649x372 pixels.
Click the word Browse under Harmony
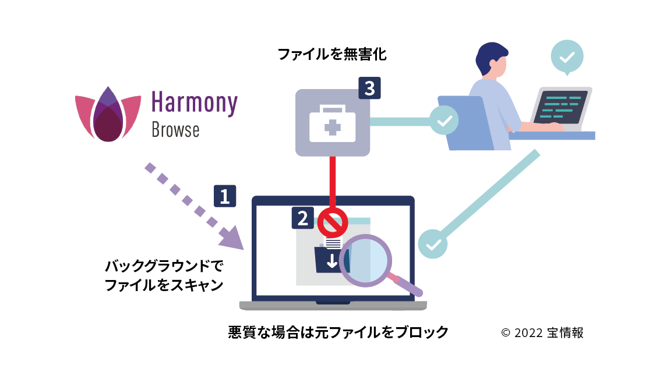point(175,130)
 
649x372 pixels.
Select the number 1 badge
point(225,196)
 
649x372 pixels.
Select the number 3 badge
point(369,88)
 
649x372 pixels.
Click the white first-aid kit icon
point(332,123)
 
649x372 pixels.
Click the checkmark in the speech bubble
point(566,56)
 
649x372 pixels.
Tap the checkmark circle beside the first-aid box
point(444,121)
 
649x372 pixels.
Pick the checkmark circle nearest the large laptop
point(433,243)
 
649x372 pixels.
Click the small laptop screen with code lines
point(560,106)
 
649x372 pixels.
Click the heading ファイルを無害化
point(332,55)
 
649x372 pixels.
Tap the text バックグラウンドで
point(164,267)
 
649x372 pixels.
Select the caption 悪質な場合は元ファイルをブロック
point(338,332)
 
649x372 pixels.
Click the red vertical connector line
point(333,180)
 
